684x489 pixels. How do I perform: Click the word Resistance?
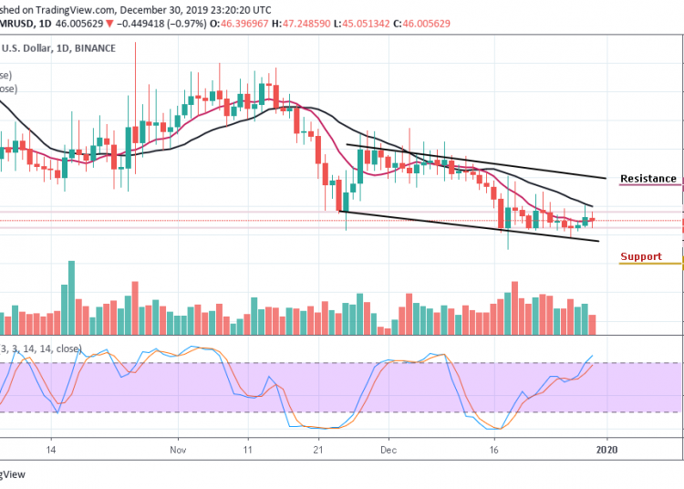pyautogui.click(x=648, y=179)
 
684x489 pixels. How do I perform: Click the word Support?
pyautogui.click(x=640, y=256)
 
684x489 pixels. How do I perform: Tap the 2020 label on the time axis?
pyautogui.click(x=606, y=449)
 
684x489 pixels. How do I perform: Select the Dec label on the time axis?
pyautogui.click(x=389, y=449)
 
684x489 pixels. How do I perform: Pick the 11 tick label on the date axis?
pyautogui.click(x=247, y=449)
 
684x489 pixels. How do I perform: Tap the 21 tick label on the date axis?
pyautogui.click(x=317, y=449)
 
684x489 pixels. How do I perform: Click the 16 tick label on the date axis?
pyautogui.click(x=494, y=449)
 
